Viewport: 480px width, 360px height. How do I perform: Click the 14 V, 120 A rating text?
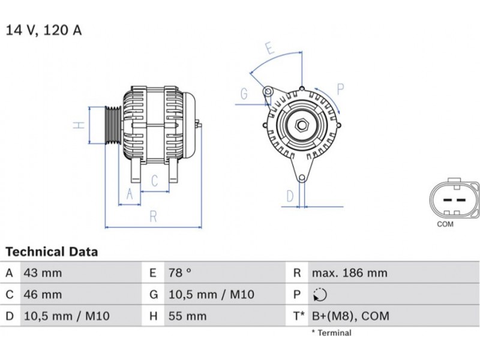pos(44,30)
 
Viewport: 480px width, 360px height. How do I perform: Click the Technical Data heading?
pos(52,251)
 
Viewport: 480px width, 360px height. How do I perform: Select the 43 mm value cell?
pos(43,273)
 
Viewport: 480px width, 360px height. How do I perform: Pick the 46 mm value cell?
pos(43,295)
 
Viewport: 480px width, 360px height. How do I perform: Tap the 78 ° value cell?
pos(179,272)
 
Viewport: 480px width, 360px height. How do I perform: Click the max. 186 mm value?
pos(350,273)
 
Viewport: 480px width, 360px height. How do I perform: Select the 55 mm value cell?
pos(187,316)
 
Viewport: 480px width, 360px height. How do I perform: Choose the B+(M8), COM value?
pos(350,316)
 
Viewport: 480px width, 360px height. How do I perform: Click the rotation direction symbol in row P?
pos(320,295)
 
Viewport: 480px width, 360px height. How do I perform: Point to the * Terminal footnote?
pos(332,333)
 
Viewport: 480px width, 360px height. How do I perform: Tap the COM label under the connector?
pos(445,224)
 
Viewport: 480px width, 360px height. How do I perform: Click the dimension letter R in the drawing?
pos(154,217)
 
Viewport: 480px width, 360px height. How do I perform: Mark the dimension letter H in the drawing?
pos(79,125)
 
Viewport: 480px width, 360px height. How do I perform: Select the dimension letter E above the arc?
pos(269,49)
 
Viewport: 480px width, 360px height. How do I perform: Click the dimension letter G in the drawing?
pos(244,94)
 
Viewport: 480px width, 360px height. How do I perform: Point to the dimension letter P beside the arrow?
pos(340,89)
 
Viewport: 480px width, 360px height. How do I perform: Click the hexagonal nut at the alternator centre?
pos(302,125)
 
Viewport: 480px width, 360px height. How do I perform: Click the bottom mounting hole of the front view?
pos(302,178)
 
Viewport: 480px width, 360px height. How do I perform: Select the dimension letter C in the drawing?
pos(155,181)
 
